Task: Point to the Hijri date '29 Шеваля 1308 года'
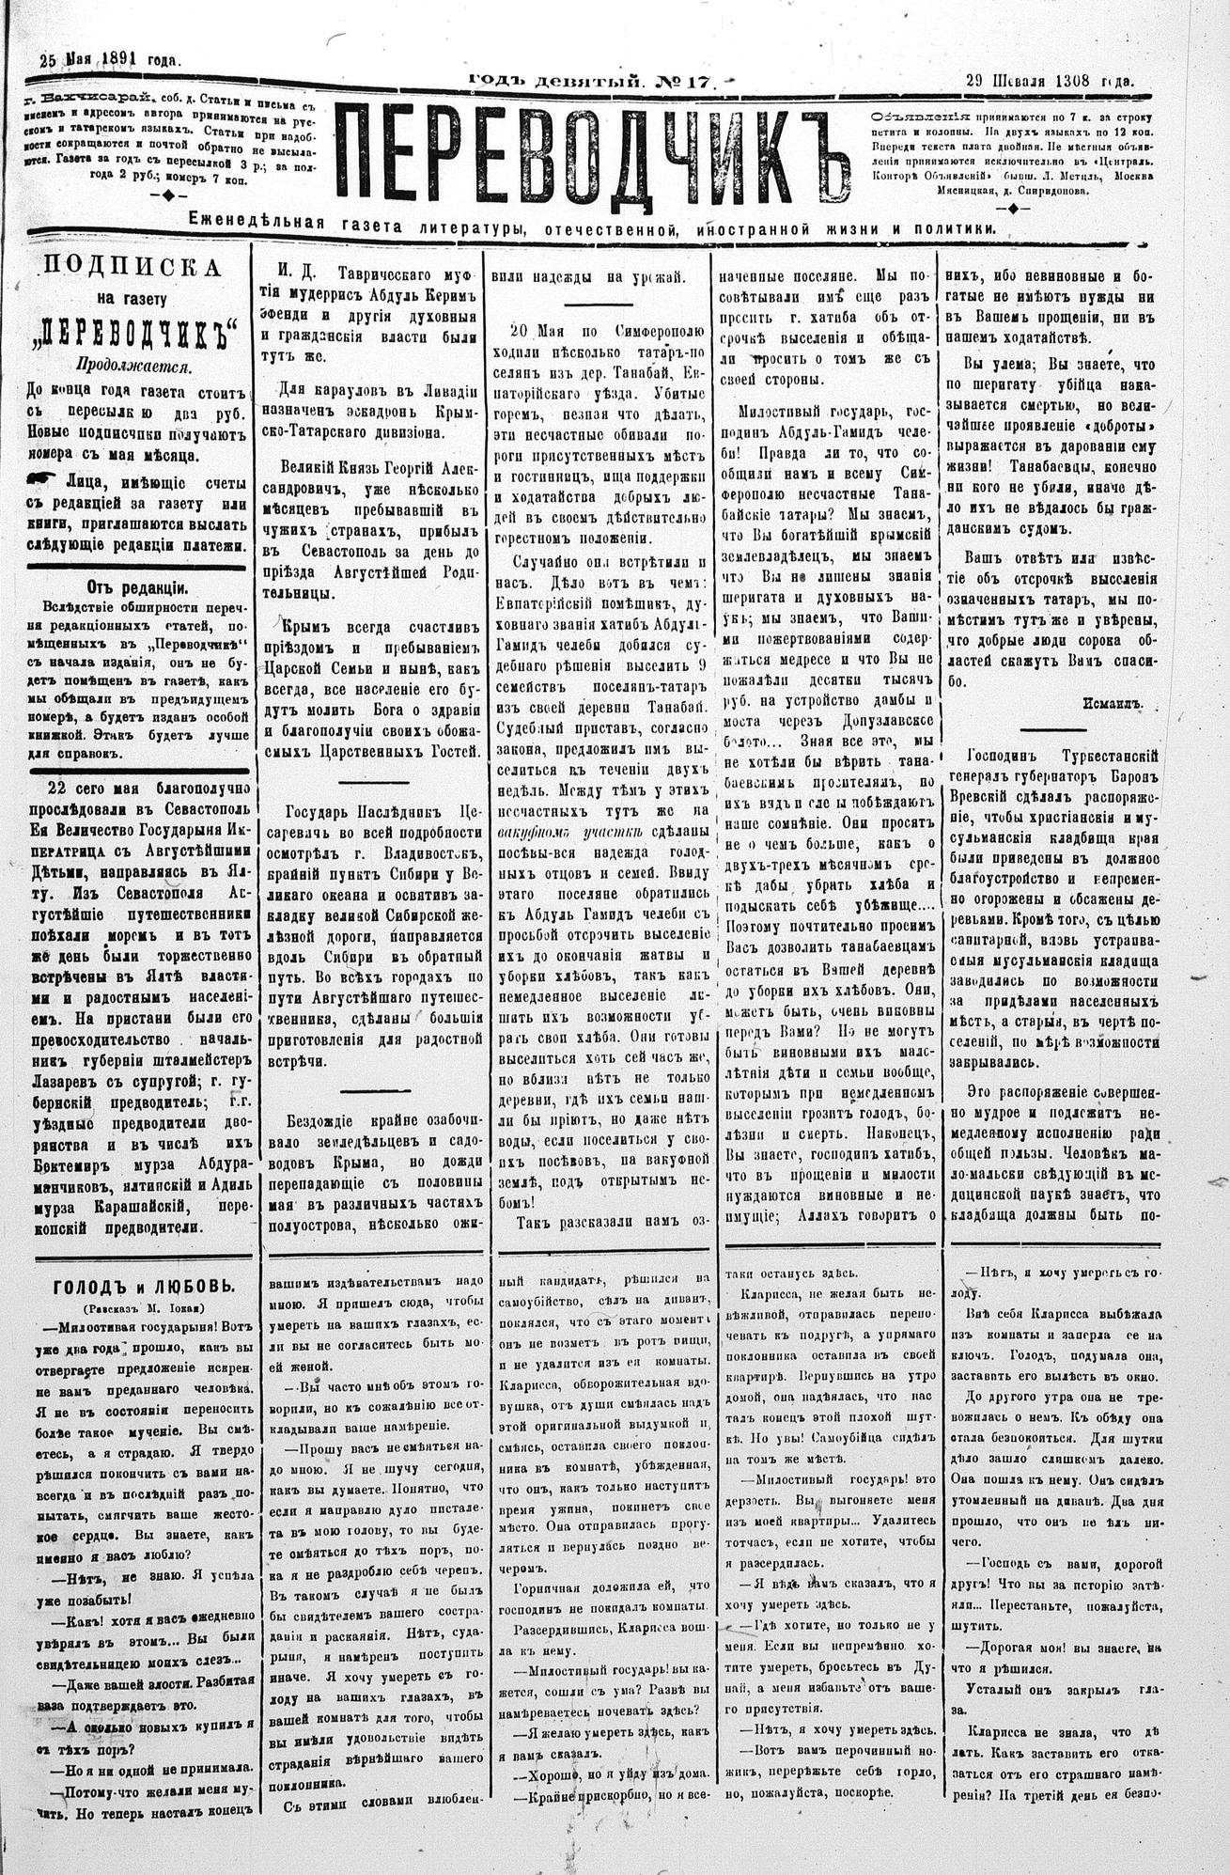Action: coord(1049,81)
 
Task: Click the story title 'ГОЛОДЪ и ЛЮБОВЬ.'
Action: coord(132,1287)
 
